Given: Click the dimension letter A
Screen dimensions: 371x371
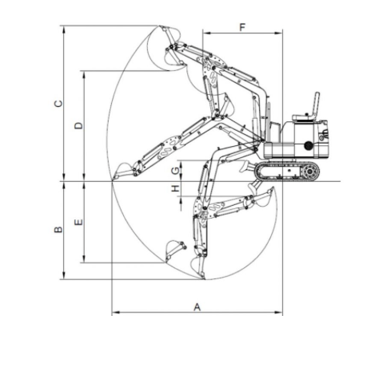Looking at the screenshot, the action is click(197, 307).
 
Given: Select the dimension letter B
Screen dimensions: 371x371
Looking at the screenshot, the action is click(58, 230).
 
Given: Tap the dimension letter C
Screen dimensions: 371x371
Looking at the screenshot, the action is click(58, 104).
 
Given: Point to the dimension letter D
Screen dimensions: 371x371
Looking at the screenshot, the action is click(78, 126).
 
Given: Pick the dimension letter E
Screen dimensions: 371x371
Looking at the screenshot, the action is click(78, 222).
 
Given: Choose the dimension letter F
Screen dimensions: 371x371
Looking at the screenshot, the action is click(242, 27).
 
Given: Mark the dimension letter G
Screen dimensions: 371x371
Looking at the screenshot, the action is click(175, 171).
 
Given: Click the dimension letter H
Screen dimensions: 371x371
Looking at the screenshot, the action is click(175, 188).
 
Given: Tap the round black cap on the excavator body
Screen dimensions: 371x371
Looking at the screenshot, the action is click(309, 145).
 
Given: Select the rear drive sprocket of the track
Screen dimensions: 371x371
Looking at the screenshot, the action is click(309, 172).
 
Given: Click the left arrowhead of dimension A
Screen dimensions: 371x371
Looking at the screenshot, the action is click(115, 312).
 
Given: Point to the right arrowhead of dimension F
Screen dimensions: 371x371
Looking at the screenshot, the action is click(279, 34).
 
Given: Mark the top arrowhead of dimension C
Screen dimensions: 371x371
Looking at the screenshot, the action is click(63, 29).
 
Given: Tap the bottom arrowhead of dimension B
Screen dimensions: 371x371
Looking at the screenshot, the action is click(63, 276).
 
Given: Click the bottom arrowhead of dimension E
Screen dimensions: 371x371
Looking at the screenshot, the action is click(84, 259).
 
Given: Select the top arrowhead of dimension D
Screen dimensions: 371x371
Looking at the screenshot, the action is click(84, 74).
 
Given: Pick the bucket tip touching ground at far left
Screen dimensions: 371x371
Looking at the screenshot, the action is click(113, 180).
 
